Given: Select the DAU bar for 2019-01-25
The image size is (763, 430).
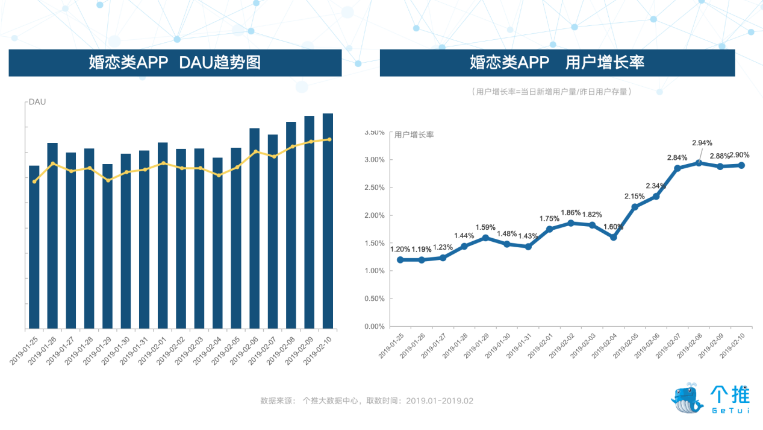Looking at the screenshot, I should [34, 247].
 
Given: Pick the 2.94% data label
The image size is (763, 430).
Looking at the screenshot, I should [702, 143].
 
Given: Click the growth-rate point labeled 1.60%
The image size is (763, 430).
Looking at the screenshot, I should [613, 237].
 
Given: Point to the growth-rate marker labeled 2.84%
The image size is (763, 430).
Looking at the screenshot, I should [677, 168].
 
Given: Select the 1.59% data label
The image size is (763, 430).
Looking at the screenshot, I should [485, 227].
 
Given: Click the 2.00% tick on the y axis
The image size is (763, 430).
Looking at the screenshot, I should [375, 215].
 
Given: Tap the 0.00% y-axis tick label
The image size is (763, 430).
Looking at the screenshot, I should [375, 326].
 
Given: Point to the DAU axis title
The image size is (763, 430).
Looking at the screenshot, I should [37, 102].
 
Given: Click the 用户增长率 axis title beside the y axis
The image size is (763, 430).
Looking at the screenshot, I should [414, 135].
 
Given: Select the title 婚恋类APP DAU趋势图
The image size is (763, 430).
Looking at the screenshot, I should [175, 63].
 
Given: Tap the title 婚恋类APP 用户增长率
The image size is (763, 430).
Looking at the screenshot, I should [557, 63].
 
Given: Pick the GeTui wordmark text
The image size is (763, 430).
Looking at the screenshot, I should [730, 411].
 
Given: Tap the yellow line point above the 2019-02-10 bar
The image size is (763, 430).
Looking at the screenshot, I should [329, 139].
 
